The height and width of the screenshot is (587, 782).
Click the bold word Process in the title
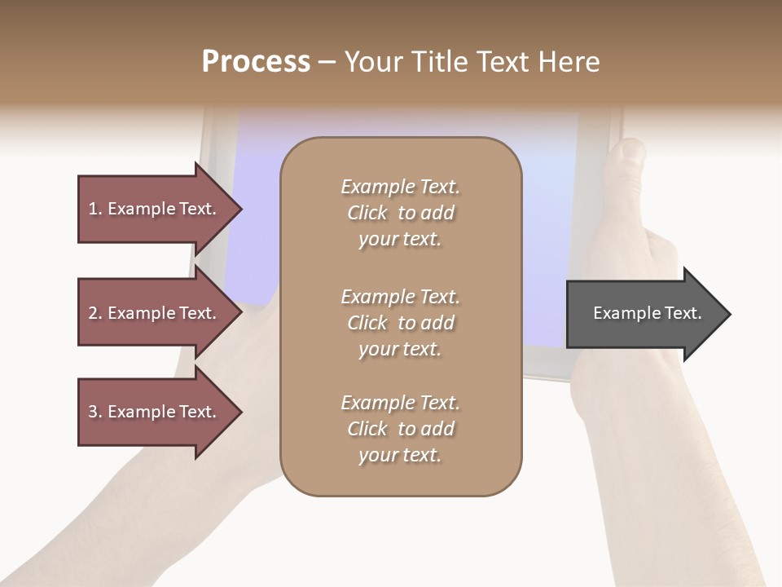pos(256,62)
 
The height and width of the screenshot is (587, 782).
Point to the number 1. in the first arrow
pos(95,209)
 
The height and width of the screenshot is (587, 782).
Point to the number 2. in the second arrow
pos(95,313)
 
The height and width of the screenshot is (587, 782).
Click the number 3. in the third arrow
pos(95,412)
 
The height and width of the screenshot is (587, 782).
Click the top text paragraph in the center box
pos(400,213)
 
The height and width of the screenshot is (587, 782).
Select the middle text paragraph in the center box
pos(400,323)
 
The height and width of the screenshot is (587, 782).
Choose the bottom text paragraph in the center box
pos(400,429)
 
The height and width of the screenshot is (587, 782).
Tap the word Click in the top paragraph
pos(367,213)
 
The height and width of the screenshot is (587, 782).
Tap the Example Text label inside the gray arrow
pos(648,313)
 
